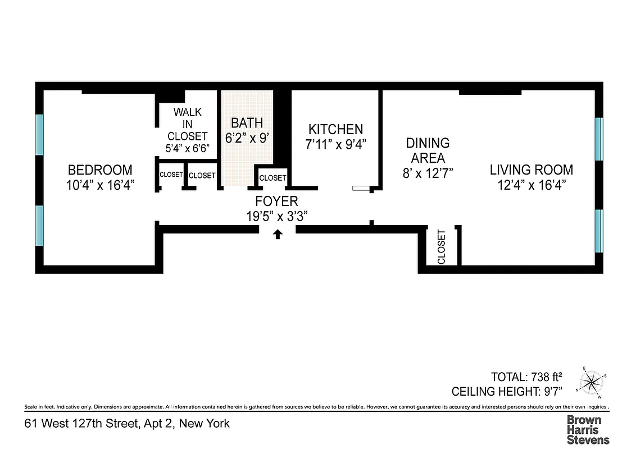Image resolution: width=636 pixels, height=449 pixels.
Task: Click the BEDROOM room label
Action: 100,169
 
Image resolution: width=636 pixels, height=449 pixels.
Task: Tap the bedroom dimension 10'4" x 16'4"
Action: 100,185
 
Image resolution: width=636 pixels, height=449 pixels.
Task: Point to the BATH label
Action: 247,122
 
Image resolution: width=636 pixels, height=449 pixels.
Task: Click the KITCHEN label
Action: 335,129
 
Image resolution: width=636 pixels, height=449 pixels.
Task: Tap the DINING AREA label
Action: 428,150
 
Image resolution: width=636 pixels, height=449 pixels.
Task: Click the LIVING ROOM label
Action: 531,169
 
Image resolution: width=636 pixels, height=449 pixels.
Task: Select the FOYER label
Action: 276,201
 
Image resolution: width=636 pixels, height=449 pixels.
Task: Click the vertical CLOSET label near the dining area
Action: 441,247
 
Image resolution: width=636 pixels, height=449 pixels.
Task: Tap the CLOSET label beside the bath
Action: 272,178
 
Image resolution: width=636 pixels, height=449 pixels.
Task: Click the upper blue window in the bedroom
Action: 39,134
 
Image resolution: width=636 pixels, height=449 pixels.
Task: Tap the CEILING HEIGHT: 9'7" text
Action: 514,391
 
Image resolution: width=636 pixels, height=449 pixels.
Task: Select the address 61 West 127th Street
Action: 126,423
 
